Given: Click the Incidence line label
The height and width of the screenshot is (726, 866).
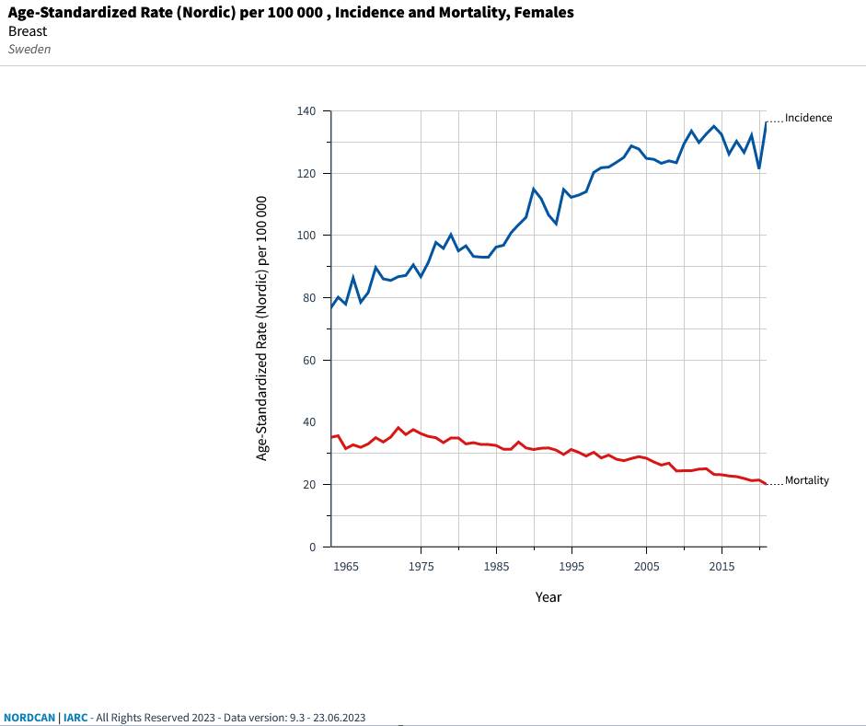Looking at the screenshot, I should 808,118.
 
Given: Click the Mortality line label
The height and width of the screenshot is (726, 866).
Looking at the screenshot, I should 806,480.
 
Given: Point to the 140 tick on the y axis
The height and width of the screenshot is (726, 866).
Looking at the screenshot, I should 306,111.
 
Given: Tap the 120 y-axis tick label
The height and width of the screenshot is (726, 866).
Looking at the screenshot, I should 306,174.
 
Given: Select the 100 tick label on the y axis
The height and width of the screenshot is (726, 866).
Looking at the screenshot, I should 306,236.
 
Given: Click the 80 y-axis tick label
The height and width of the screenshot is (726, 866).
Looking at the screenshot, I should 309,298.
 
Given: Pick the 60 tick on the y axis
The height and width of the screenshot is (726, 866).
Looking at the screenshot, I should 309,361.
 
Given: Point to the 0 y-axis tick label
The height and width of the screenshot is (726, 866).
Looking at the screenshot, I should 312,547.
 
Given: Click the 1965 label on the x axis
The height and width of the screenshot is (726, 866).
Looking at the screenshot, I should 346,566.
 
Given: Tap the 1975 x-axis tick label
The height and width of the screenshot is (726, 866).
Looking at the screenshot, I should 421,566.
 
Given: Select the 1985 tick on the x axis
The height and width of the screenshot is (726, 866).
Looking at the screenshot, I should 496,566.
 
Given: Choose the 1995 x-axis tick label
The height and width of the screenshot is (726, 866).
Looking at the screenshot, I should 572,566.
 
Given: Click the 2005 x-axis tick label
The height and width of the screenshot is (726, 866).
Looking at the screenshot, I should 646,566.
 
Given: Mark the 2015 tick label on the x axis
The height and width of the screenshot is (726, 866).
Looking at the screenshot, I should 722,566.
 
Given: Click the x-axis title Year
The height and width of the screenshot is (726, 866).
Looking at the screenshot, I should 548,597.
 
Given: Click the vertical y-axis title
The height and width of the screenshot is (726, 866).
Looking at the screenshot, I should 262,328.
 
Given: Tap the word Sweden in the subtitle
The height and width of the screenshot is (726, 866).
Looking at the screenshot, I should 29,49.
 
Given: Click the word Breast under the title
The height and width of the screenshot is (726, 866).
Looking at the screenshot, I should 28,31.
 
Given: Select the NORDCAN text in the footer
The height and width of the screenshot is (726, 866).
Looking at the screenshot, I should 29,717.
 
